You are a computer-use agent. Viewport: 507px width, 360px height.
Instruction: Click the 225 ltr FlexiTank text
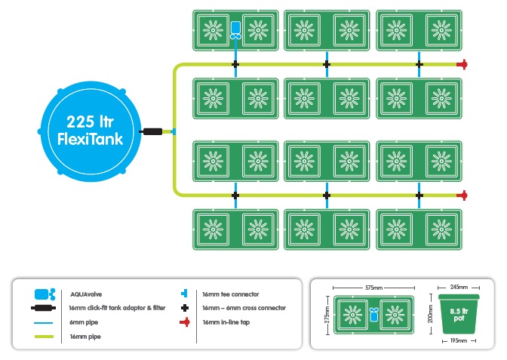click(91, 131)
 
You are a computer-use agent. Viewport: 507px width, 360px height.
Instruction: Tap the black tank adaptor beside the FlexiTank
click(152, 131)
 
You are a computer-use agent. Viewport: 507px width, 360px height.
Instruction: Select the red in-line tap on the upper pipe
click(462, 64)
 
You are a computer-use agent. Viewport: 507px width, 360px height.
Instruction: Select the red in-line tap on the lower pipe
click(462, 195)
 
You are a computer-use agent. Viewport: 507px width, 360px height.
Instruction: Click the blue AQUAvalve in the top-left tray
click(235, 30)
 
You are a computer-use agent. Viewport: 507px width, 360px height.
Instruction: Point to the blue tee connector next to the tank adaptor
click(174, 131)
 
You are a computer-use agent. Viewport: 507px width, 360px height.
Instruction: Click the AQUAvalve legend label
click(86, 294)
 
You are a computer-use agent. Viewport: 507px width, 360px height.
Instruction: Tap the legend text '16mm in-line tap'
click(226, 322)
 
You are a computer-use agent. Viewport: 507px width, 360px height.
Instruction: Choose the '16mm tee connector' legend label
click(231, 294)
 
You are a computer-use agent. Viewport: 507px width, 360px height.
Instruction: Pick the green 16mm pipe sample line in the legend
click(44, 337)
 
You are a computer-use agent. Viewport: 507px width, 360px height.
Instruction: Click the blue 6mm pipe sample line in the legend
click(43, 323)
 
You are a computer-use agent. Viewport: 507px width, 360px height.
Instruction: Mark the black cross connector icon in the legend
click(185, 308)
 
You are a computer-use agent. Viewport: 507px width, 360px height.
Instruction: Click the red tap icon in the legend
click(185, 322)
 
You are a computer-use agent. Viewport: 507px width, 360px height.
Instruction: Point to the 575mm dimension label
click(373, 288)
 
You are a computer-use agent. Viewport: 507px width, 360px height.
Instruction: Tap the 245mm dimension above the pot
click(459, 287)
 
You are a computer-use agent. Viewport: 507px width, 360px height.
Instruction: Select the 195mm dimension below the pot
click(459, 340)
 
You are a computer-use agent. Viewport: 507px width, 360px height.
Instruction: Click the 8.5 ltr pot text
click(459, 315)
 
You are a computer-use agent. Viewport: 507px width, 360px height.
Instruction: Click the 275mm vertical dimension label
click(327, 315)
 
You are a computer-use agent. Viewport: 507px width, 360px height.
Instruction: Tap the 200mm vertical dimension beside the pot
click(430, 314)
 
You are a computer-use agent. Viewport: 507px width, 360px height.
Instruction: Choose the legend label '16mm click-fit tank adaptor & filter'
click(117, 308)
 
